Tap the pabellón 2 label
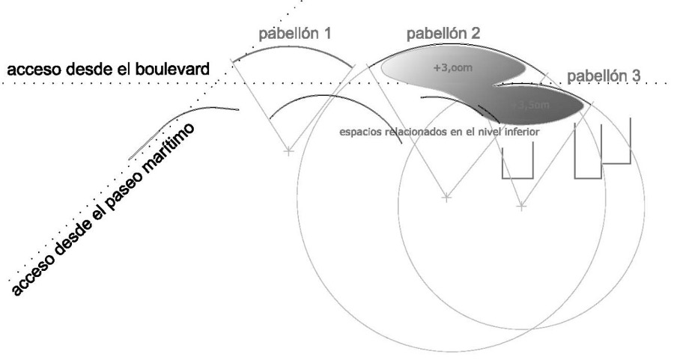click(443, 34)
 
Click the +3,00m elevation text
click(453, 67)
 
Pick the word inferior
click(522, 130)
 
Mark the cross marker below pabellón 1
click(288, 152)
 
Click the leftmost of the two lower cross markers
click(446, 198)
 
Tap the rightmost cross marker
click(522, 204)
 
